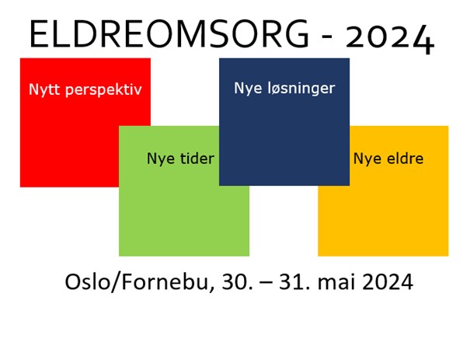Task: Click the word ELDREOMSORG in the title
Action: (169, 33)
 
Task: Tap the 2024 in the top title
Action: (390, 38)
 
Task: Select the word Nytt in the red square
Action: (44, 89)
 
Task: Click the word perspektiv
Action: (103, 90)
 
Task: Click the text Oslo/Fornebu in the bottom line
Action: (137, 282)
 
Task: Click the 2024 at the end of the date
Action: (388, 282)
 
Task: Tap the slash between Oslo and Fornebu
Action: (116, 282)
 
